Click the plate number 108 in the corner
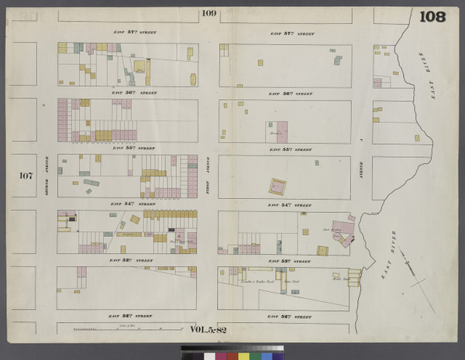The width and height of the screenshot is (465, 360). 432,16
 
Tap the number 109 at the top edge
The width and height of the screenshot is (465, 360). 208,13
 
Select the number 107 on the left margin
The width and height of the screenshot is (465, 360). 26,176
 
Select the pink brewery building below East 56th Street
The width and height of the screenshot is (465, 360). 277,131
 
